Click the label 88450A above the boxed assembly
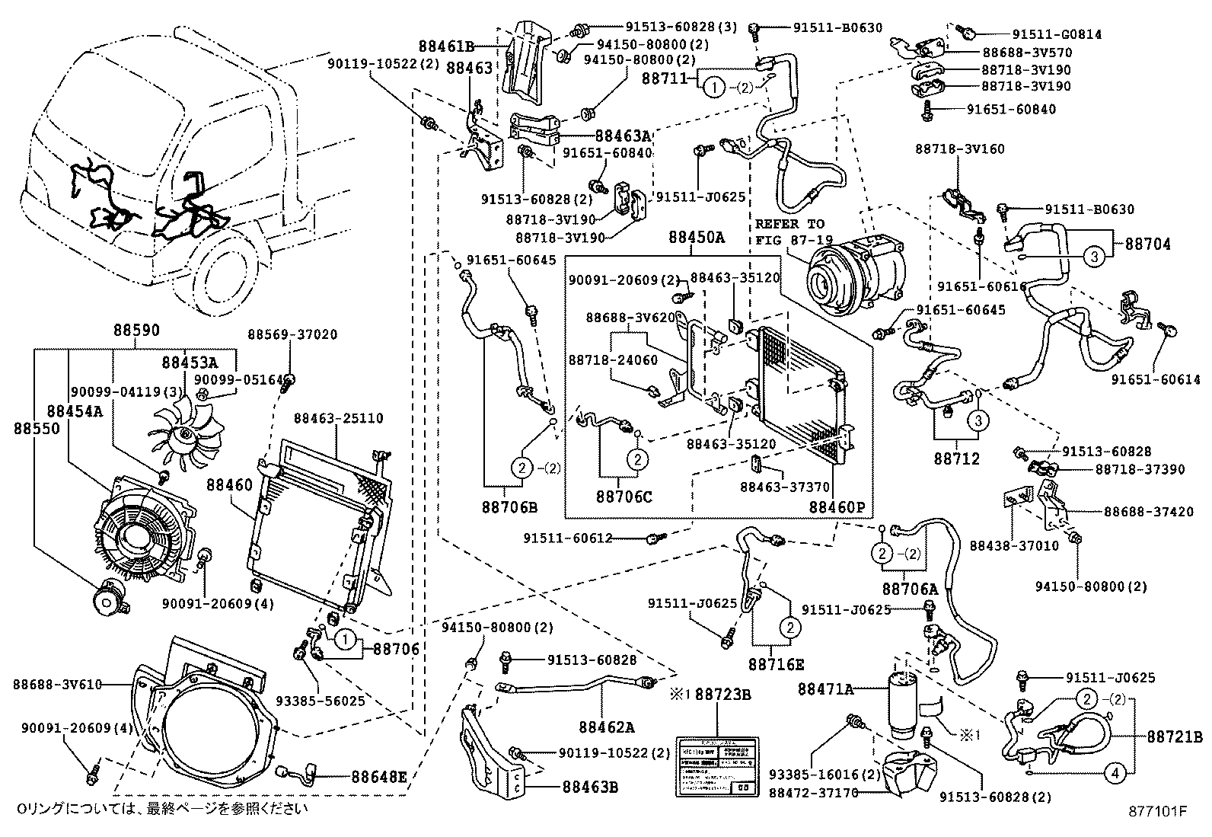coord(696,238)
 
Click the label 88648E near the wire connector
coord(379,777)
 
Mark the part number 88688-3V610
coord(57,685)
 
